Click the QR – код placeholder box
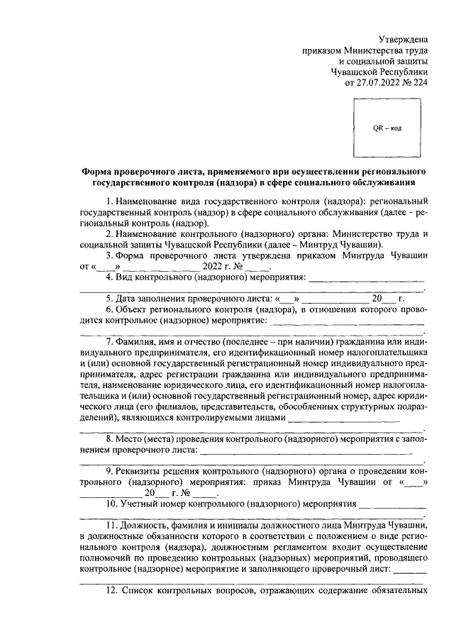coord(387,128)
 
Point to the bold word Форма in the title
coord(98,172)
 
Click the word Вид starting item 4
coord(129,277)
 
